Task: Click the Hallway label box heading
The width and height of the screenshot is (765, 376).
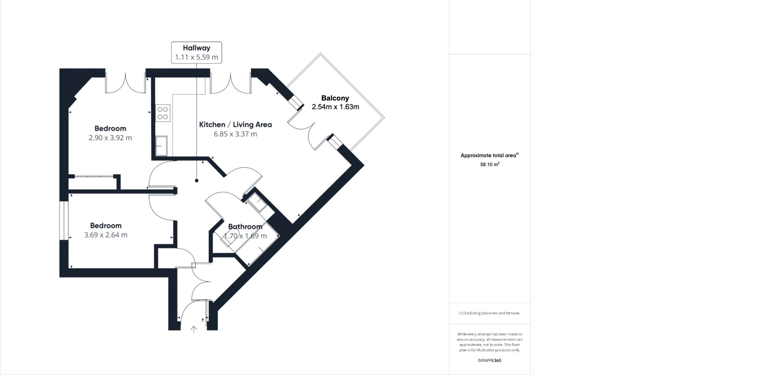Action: pyautogui.click(x=196, y=48)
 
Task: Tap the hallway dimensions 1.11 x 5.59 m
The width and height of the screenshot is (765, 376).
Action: pyautogui.click(x=196, y=57)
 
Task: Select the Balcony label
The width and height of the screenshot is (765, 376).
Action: pyautogui.click(x=335, y=98)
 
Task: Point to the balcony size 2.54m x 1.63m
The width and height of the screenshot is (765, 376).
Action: pyautogui.click(x=335, y=107)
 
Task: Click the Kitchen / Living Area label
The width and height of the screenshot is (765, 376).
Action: pyautogui.click(x=235, y=124)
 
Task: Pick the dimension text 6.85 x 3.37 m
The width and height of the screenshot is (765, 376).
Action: pyautogui.click(x=235, y=134)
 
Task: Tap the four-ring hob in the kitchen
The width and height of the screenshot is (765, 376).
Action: pyautogui.click(x=163, y=112)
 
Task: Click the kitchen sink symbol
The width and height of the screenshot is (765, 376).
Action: pyautogui.click(x=161, y=146)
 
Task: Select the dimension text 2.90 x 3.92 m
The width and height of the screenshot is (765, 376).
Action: pyautogui.click(x=110, y=138)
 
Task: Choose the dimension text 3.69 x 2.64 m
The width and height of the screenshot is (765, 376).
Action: pyautogui.click(x=106, y=235)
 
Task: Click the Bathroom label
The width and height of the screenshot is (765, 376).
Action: pyautogui.click(x=245, y=226)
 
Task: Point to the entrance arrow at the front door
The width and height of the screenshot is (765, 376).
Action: pyautogui.click(x=194, y=329)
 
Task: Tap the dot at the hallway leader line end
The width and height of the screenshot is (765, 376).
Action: pyautogui.click(x=196, y=181)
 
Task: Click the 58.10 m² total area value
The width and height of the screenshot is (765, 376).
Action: pyautogui.click(x=490, y=164)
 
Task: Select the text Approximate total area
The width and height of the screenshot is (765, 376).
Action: pyautogui.click(x=488, y=156)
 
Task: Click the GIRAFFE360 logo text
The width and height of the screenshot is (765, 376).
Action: pyautogui.click(x=489, y=360)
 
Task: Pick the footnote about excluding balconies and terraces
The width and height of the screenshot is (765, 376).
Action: pyautogui.click(x=489, y=313)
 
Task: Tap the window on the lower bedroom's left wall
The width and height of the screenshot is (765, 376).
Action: pyautogui.click(x=64, y=220)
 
